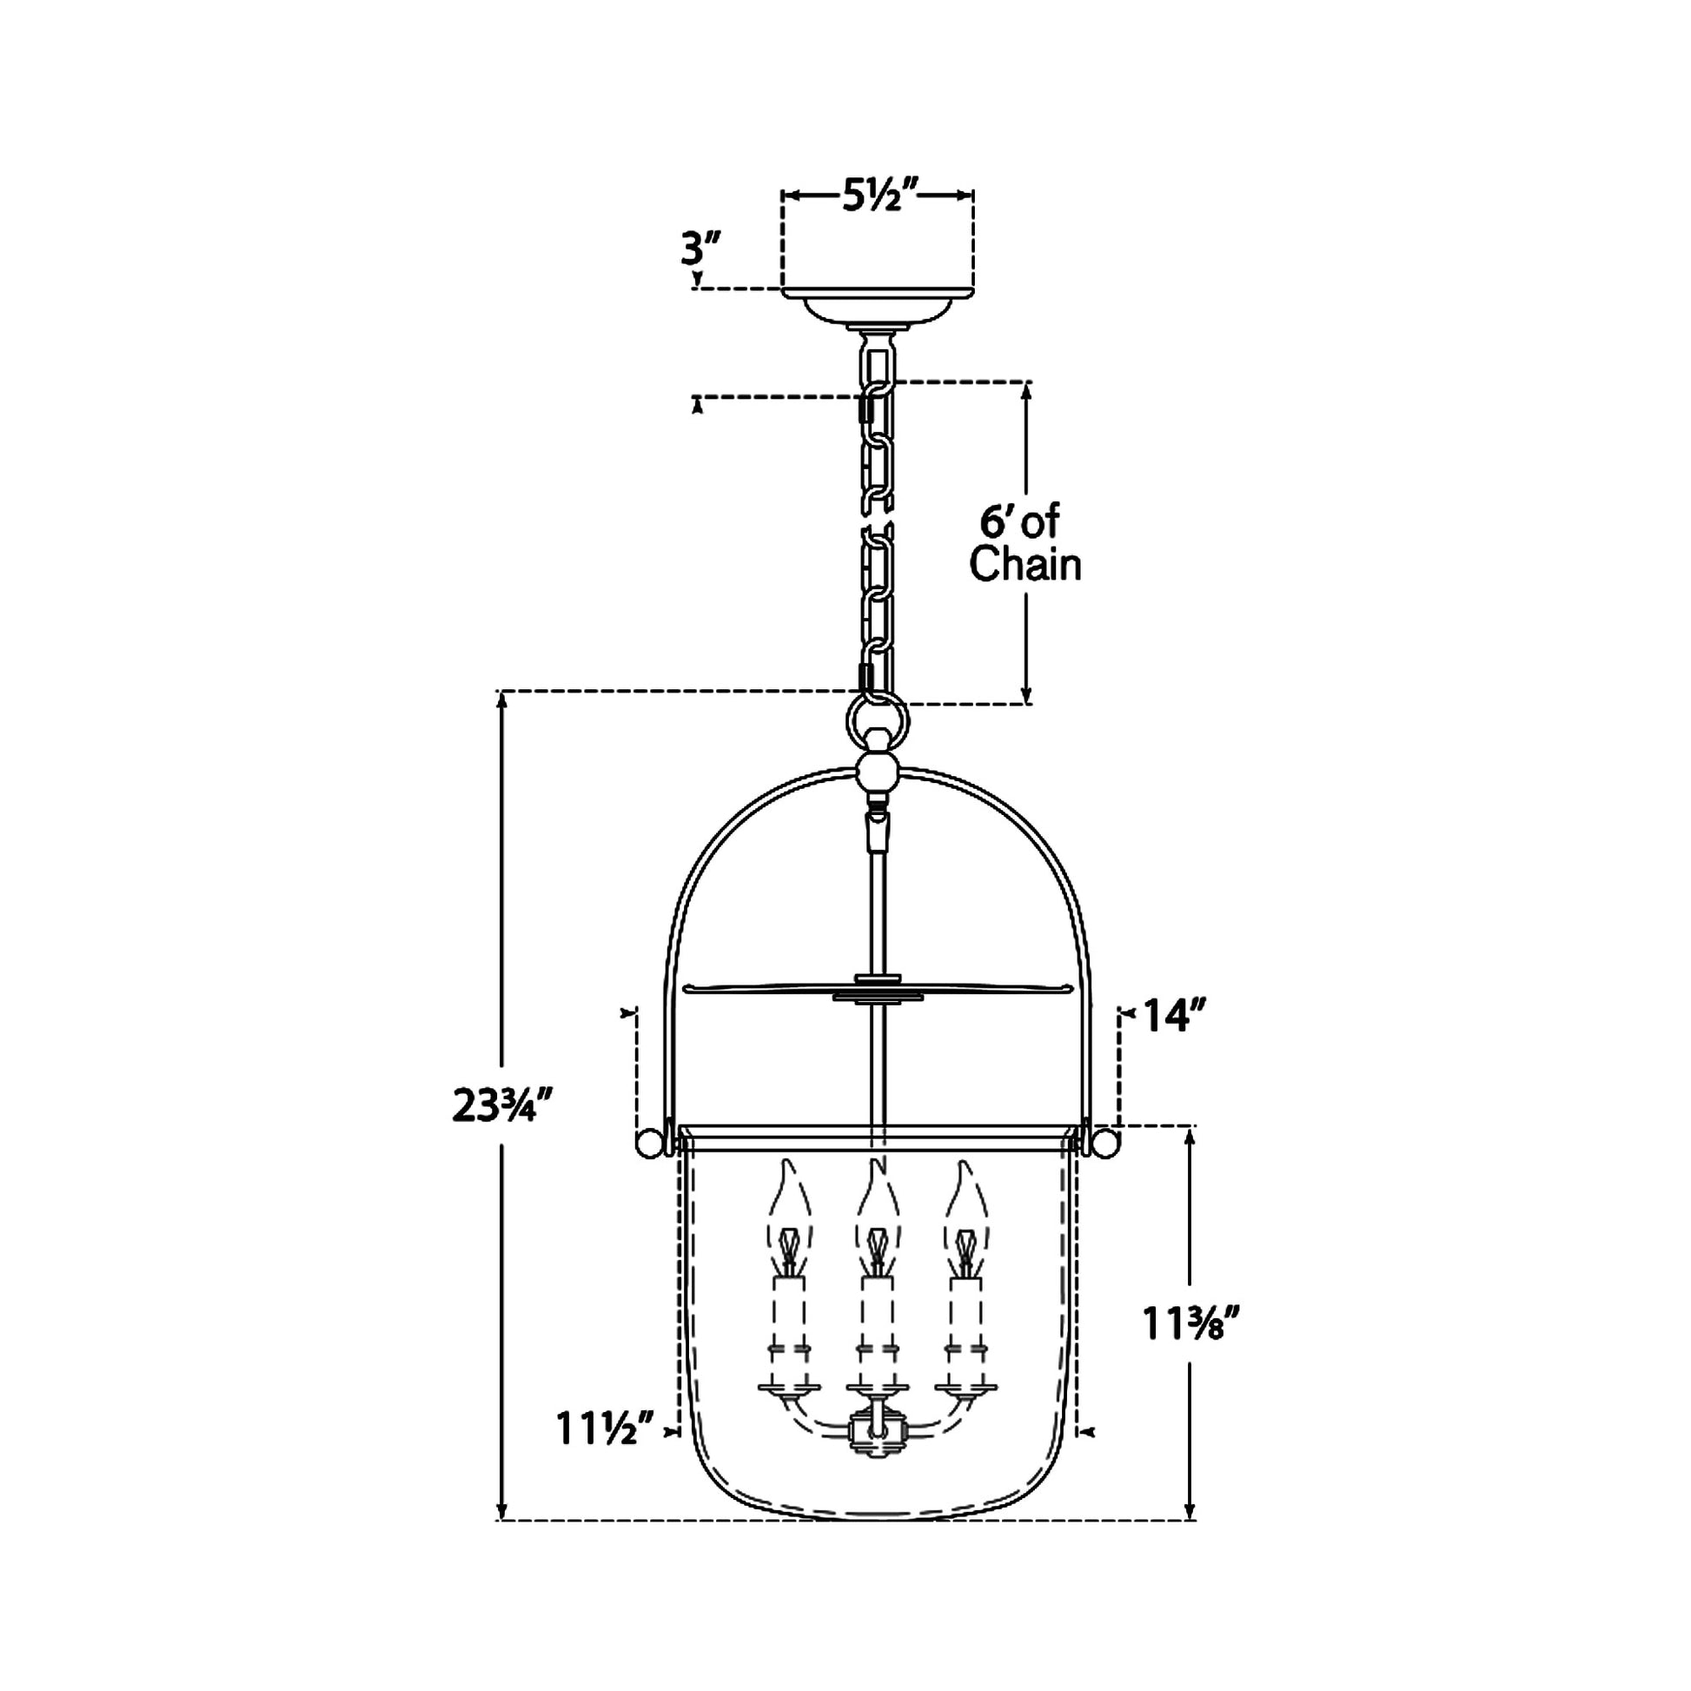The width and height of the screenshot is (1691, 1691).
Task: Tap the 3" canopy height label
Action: pyautogui.click(x=701, y=250)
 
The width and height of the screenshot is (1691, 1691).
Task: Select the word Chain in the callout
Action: pyautogui.click(x=1025, y=565)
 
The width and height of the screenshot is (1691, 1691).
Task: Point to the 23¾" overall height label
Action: pyautogui.click(x=504, y=1107)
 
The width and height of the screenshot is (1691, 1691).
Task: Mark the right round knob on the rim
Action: pyautogui.click(x=1104, y=1144)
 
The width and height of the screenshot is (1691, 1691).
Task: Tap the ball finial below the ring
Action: pyautogui.click(x=878, y=772)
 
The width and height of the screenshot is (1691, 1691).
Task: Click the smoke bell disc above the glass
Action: pyautogui.click(x=878, y=990)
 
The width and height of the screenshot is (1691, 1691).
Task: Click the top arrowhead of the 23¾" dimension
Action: pyautogui.click(x=501, y=700)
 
